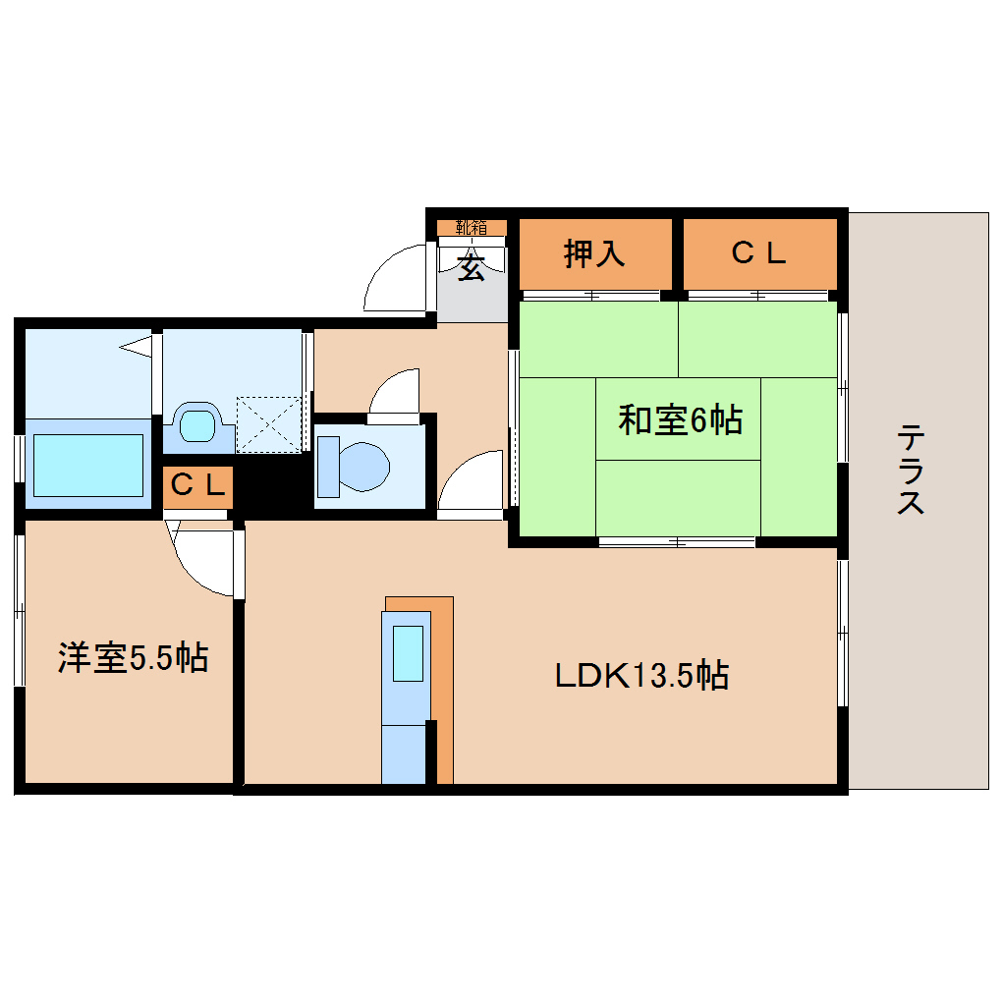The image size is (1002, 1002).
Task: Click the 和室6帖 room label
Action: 679,420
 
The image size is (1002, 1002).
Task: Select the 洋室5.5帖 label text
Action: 132,657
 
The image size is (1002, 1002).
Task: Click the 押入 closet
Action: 594,253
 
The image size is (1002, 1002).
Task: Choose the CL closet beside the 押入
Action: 759,253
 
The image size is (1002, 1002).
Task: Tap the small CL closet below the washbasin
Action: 198,485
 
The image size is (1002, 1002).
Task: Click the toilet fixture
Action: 354,466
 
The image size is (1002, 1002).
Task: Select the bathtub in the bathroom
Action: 88,465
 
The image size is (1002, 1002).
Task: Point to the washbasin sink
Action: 197,425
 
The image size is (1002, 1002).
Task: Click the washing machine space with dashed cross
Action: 270,424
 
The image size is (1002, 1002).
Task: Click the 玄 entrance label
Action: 472,267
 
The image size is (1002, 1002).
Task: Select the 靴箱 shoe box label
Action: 472,228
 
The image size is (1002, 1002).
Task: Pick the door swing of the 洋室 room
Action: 204,560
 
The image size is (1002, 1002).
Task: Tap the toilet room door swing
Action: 395,396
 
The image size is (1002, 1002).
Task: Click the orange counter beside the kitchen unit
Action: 443,688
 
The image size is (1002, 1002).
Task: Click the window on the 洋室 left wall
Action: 19,609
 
